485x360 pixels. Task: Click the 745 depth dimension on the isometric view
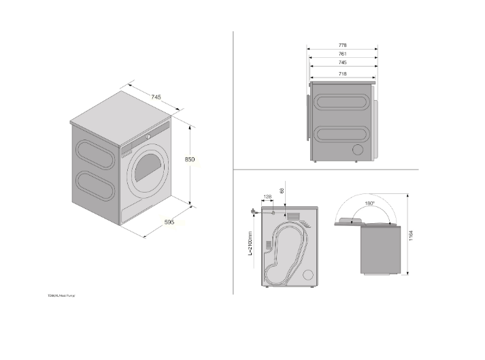coord(156,98)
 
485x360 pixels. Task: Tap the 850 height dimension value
coord(190,159)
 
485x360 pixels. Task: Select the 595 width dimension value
coord(169,223)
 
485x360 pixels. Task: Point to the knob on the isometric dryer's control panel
coord(147,137)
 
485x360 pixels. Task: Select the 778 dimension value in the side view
coord(343,46)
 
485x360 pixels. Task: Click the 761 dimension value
coord(343,54)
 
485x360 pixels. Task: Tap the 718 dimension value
coord(343,71)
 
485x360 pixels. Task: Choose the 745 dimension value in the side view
coord(343,63)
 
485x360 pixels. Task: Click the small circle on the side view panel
coord(356,150)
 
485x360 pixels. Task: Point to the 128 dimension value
coord(267,197)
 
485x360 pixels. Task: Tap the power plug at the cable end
coord(254,212)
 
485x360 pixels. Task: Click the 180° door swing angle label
coord(368,203)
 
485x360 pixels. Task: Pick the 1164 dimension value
coord(411,235)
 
